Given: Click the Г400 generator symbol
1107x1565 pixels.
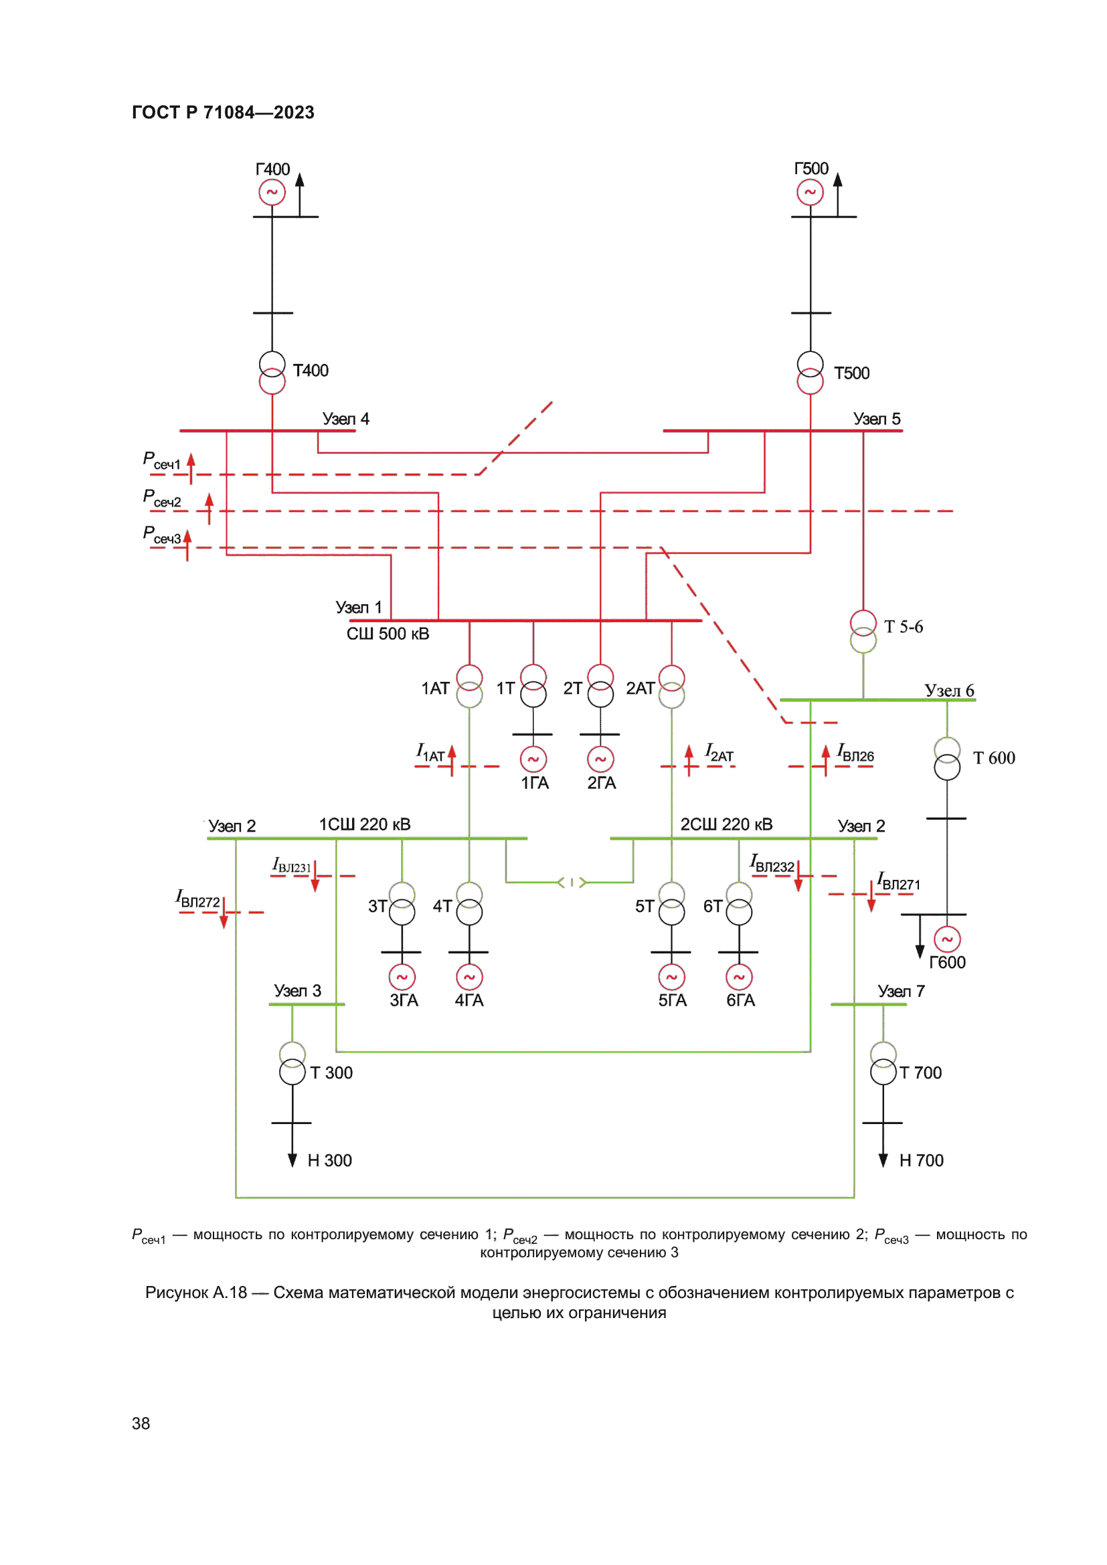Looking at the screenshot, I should click(x=272, y=192).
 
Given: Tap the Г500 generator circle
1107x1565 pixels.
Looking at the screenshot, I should click(x=810, y=192).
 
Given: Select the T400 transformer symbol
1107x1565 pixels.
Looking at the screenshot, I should click(x=272, y=372).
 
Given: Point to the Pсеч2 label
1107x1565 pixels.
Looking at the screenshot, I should click(x=161, y=498).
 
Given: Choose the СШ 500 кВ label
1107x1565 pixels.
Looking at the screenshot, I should click(x=388, y=634).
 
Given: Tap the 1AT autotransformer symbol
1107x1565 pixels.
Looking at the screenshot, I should click(x=469, y=686).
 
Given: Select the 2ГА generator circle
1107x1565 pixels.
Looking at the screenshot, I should click(x=600, y=759).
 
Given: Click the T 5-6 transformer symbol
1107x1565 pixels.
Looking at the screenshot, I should click(x=863, y=631).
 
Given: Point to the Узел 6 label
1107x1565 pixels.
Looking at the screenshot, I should click(x=949, y=690).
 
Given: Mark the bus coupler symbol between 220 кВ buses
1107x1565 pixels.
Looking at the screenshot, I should click(x=572, y=882).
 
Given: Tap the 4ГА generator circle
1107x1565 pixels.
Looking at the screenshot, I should click(x=469, y=977).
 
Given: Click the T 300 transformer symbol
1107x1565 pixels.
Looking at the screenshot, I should click(x=292, y=1063).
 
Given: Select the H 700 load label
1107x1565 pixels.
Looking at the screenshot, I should click(x=921, y=1160).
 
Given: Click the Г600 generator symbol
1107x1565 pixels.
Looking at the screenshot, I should click(x=947, y=939).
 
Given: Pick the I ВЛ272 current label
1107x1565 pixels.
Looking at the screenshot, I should click(x=197, y=899).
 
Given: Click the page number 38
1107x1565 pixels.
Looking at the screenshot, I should click(x=141, y=1423).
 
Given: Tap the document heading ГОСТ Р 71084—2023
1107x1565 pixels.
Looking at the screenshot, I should click(x=223, y=112).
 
